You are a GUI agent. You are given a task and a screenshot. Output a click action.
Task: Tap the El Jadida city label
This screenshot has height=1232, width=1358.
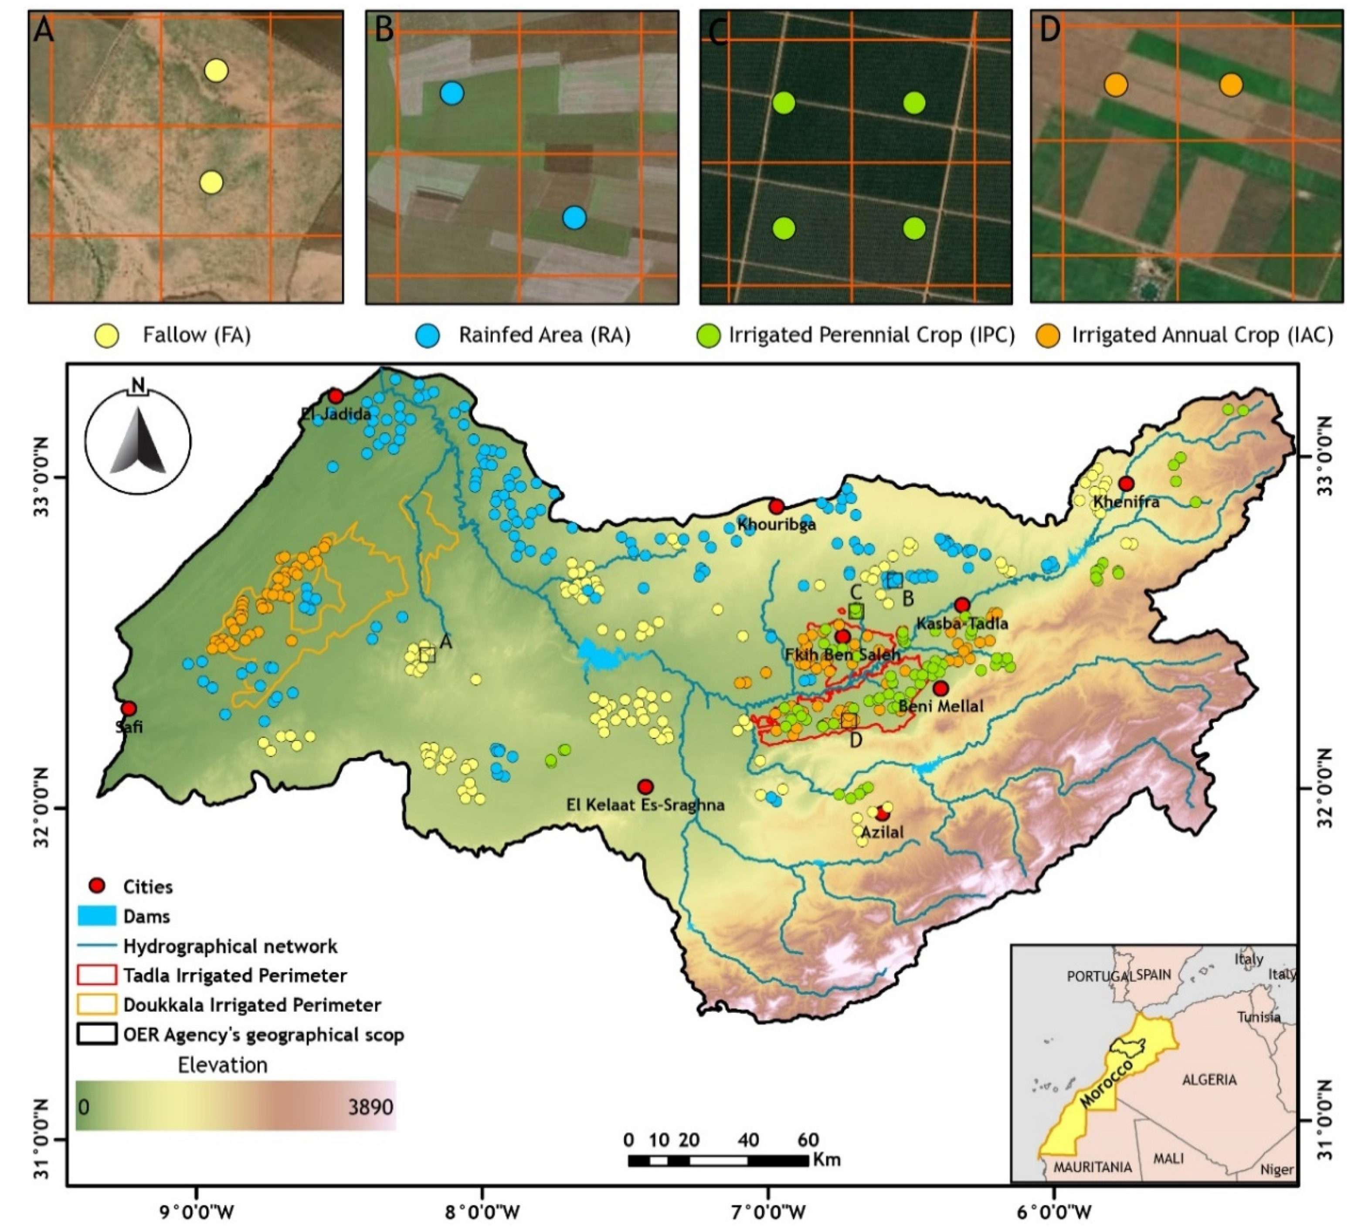[336, 414]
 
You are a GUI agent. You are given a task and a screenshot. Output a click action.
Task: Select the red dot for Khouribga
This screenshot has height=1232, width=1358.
[777, 506]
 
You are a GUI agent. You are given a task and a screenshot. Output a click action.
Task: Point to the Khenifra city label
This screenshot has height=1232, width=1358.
[1126, 502]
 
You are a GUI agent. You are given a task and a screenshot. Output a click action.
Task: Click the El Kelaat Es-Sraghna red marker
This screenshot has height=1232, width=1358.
[645, 786]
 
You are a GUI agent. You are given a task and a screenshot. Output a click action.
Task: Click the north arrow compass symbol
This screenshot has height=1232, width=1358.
[138, 439]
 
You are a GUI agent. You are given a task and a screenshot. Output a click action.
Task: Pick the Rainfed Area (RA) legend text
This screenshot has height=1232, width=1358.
[544, 335]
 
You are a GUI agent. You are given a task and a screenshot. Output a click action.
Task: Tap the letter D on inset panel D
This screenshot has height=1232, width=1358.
[1049, 30]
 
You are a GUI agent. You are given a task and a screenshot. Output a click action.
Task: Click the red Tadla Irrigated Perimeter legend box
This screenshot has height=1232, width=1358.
[96, 975]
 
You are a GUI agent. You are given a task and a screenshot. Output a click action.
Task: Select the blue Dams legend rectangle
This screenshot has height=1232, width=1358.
[96, 916]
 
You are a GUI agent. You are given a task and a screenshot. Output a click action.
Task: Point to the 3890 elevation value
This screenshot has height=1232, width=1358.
[370, 1107]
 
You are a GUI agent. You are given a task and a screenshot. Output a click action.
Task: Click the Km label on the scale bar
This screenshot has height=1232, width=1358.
[826, 1159]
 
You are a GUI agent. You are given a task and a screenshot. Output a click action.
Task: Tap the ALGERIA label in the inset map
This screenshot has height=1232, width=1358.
[1209, 1080]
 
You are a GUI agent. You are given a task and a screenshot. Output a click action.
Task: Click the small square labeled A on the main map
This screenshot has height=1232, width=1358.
[427, 655]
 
